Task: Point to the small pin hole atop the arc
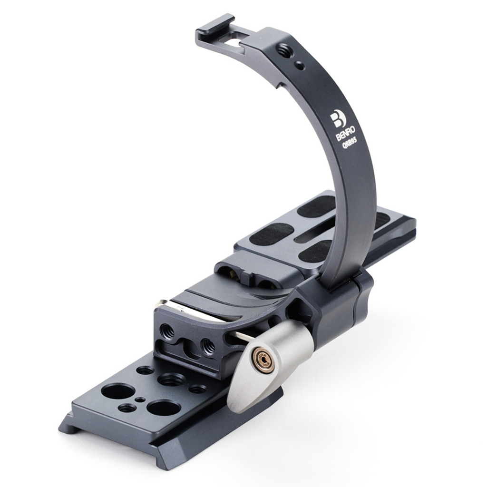[300, 66]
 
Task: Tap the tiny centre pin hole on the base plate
[140, 399]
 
